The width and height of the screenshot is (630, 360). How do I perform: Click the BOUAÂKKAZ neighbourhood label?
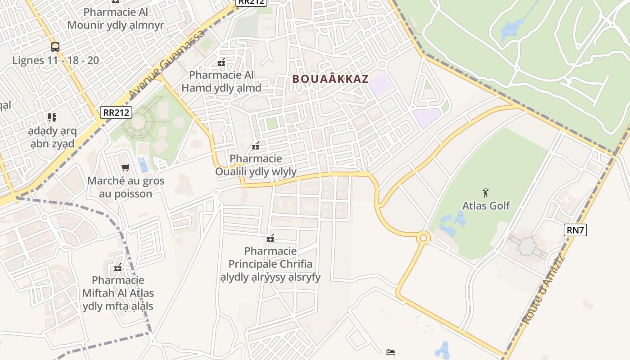click(x=330, y=79)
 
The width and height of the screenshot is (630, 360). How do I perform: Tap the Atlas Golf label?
click(x=486, y=206)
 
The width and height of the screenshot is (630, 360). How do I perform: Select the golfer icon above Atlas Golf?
click(x=486, y=193)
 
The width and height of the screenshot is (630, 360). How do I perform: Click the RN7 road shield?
click(x=575, y=230)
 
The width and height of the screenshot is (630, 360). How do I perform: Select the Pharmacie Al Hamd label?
click(x=221, y=81)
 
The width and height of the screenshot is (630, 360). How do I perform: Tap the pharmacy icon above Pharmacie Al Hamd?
click(x=221, y=62)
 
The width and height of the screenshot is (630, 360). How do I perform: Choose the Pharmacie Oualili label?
click(x=256, y=165)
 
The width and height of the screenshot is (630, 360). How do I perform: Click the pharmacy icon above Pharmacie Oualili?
click(x=256, y=146)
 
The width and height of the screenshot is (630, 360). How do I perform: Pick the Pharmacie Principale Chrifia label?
click(x=270, y=264)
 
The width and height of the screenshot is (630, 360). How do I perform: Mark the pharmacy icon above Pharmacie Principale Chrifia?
click(x=270, y=238)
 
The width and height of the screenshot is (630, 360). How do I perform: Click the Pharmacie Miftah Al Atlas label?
click(x=118, y=293)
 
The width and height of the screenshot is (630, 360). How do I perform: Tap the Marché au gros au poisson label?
click(x=126, y=187)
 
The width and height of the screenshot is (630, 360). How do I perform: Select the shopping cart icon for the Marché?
click(x=126, y=168)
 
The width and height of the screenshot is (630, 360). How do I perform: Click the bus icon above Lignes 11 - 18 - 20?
click(x=55, y=47)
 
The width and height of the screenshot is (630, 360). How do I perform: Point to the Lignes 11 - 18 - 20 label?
click(x=55, y=60)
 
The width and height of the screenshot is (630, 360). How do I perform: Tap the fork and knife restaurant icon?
click(x=52, y=117)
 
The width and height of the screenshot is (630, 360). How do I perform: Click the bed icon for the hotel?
click(x=391, y=352)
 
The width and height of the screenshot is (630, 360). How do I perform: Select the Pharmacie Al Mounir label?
click(x=116, y=18)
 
